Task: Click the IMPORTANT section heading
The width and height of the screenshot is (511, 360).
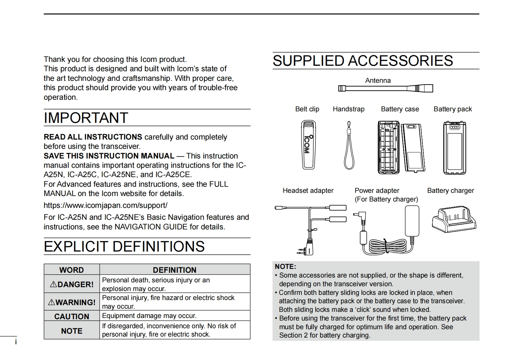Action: pos(86,118)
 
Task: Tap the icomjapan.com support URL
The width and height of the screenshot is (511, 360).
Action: pos(105,205)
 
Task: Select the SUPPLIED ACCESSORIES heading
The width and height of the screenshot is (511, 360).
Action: pos(363,61)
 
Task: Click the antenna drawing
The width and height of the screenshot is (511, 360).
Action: pos(385,88)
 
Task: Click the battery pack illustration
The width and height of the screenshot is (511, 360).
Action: pos(454,148)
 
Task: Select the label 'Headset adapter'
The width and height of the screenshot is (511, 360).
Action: pos(308,191)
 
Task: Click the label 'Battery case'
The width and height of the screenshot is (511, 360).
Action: pos(400,109)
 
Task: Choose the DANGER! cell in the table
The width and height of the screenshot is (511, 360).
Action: pos(72,284)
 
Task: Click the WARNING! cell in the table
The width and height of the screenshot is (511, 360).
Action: pos(72,302)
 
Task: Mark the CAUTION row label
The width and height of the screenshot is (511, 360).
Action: pos(72,316)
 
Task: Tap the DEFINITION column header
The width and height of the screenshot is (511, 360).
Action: pos(175,270)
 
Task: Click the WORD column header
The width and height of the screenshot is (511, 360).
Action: pos(72,270)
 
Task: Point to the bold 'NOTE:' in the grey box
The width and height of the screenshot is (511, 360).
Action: pos(285,267)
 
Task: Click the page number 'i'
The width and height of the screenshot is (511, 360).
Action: pos(16,342)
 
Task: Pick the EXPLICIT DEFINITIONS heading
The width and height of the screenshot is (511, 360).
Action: pos(124,246)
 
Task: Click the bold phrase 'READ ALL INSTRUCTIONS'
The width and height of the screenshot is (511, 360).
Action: pos(93,137)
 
